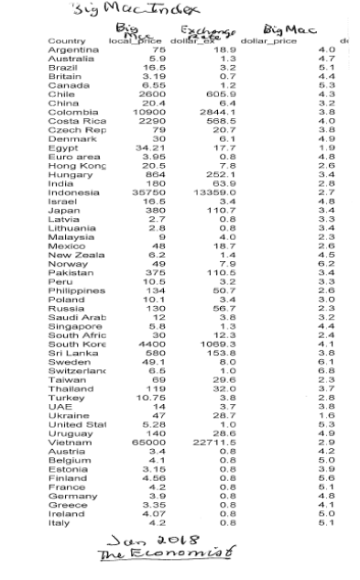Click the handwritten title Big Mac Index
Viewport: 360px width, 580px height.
tap(102, 12)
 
